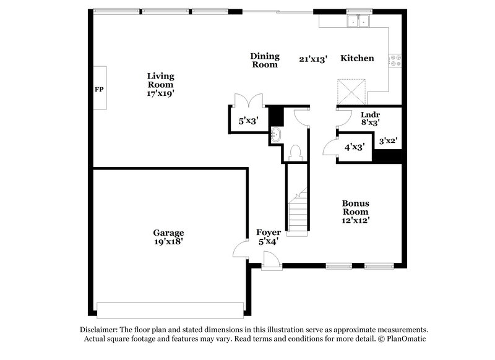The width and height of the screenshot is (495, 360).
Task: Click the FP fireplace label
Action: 99,89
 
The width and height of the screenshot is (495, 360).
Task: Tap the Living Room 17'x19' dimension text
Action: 160,93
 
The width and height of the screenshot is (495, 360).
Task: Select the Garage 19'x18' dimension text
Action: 168,242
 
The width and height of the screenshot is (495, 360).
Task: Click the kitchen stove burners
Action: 394,61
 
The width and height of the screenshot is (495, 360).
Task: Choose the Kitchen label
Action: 357,58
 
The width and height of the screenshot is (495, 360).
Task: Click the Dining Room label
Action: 265,60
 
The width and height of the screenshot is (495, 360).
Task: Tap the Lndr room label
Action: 370,114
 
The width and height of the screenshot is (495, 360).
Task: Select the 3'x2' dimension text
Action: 387,141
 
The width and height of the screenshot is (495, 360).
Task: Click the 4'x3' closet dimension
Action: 354,147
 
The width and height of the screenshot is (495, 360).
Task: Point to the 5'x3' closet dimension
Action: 249,121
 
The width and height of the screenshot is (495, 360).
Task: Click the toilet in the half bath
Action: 295,152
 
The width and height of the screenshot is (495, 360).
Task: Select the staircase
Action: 298,210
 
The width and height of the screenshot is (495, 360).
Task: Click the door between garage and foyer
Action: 238,251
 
